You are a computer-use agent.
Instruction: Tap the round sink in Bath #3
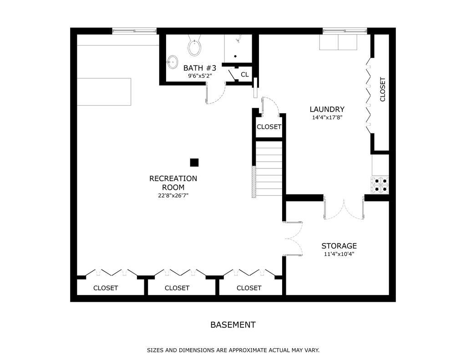[x=172, y=62]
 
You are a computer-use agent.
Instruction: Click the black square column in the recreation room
[x=194, y=162]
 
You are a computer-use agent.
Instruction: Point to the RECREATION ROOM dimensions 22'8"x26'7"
[x=173, y=196]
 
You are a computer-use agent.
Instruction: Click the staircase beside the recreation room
[x=268, y=169]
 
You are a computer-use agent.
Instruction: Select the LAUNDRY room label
[x=327, y=109]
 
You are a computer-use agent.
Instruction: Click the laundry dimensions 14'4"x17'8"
[x=327, y=117]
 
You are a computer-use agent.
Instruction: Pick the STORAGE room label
[x=339, y=246]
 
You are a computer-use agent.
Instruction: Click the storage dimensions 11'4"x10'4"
[x=339, y=254]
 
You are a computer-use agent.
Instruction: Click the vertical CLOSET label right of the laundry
[x=382, y=89]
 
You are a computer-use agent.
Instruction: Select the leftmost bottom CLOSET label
[x=106, y=288]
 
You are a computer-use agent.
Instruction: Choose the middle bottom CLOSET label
[x=177, y=288]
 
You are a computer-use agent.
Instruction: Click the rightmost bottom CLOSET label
[x=249, y=288]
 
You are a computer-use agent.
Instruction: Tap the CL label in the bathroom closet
[x=245, y=75]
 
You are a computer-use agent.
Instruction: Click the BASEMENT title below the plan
[x=233, y=325]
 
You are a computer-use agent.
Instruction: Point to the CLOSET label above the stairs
[x=269, y=127]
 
